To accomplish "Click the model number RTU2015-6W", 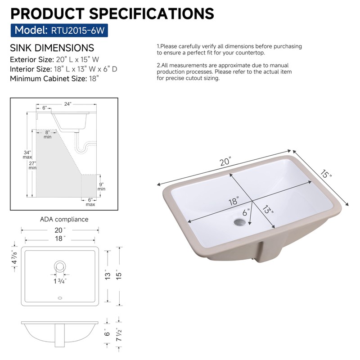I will [79, 31].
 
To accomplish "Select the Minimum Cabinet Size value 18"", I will [94, 78].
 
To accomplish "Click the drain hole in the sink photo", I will [240, 222].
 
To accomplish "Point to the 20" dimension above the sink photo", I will [225, 162].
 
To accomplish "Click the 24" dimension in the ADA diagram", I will [67, 103].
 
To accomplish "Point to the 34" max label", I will [27, 154].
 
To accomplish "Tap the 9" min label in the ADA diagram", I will [101, 186].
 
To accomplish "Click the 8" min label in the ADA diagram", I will [48, 134].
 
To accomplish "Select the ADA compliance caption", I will [64, 219].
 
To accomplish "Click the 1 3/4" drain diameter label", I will [60, 281].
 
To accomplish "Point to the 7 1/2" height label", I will [119, 334].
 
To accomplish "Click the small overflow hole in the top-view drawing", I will [60, 297].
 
